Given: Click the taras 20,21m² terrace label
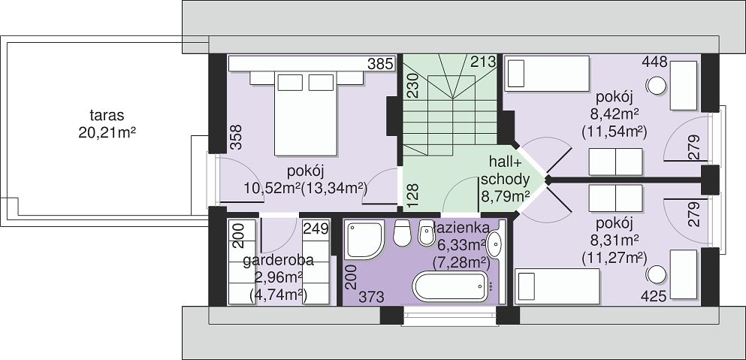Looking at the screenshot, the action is (x=107, y=124).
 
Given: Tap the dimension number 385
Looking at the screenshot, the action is (x=381, y=63).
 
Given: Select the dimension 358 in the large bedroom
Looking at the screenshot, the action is (x=236, y=137).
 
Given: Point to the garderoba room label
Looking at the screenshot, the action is (x=278, y=261).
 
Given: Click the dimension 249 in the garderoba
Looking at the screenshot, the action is (x=316, y=229).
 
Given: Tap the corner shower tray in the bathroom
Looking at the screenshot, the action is (x=364, y=240).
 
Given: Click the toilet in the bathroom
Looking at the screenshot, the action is (x=403, y=232).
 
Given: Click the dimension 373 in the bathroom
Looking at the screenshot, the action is (x=371, y=297).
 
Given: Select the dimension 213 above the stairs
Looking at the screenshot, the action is (x=483, y=62).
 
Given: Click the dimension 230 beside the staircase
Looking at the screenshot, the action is (x=412, y=85).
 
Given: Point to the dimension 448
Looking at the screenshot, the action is (x=654, y=62).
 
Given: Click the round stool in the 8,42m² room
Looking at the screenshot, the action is (x=657, y=85).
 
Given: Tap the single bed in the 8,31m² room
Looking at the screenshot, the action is (x=557, y=286).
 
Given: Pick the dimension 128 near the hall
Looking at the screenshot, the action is (x=412, y=195).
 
